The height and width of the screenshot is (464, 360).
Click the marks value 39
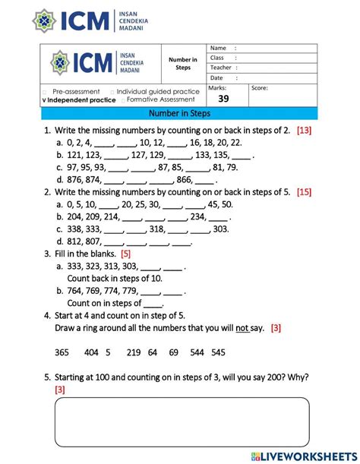point(223,99)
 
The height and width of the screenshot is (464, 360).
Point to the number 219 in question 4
point(134,352)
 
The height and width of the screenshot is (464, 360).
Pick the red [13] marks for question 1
point(304,131)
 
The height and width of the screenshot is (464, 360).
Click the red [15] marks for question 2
point(305,192)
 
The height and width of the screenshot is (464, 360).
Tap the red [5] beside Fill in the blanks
point(126,254)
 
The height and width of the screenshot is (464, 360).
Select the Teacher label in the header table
point(220,68)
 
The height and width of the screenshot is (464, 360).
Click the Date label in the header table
point(216,77)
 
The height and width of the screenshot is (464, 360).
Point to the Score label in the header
point(260,88)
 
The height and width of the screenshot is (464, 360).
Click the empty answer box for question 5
point(182,421)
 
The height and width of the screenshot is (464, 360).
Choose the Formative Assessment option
point(159,99)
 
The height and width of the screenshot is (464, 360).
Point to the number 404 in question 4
point(92,352)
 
